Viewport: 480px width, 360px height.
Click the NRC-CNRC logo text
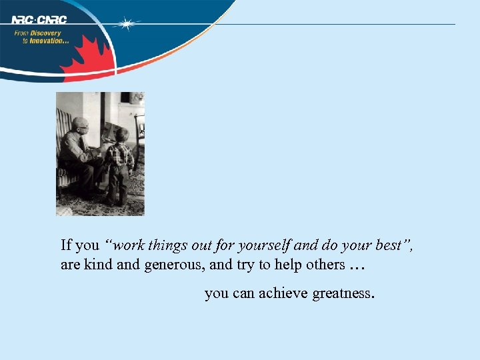pyautogui.click(x=39, y=19)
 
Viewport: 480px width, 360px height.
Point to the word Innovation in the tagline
pyautogui.click(x=49, y=41)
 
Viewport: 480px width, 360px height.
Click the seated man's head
pyautogui.click(x=80, y=125)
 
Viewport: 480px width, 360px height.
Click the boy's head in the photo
pyautogui.click(x=121, y=135)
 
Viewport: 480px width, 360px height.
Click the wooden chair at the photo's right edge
pyautogui.click(x=139, y=133)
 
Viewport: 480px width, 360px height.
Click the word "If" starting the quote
pyautogui.click(x=66, y=245)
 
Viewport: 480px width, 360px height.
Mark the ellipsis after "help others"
pyautogui.click(x=357, y=267)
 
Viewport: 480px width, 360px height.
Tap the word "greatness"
pyautogui.click(x=344, y=293)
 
